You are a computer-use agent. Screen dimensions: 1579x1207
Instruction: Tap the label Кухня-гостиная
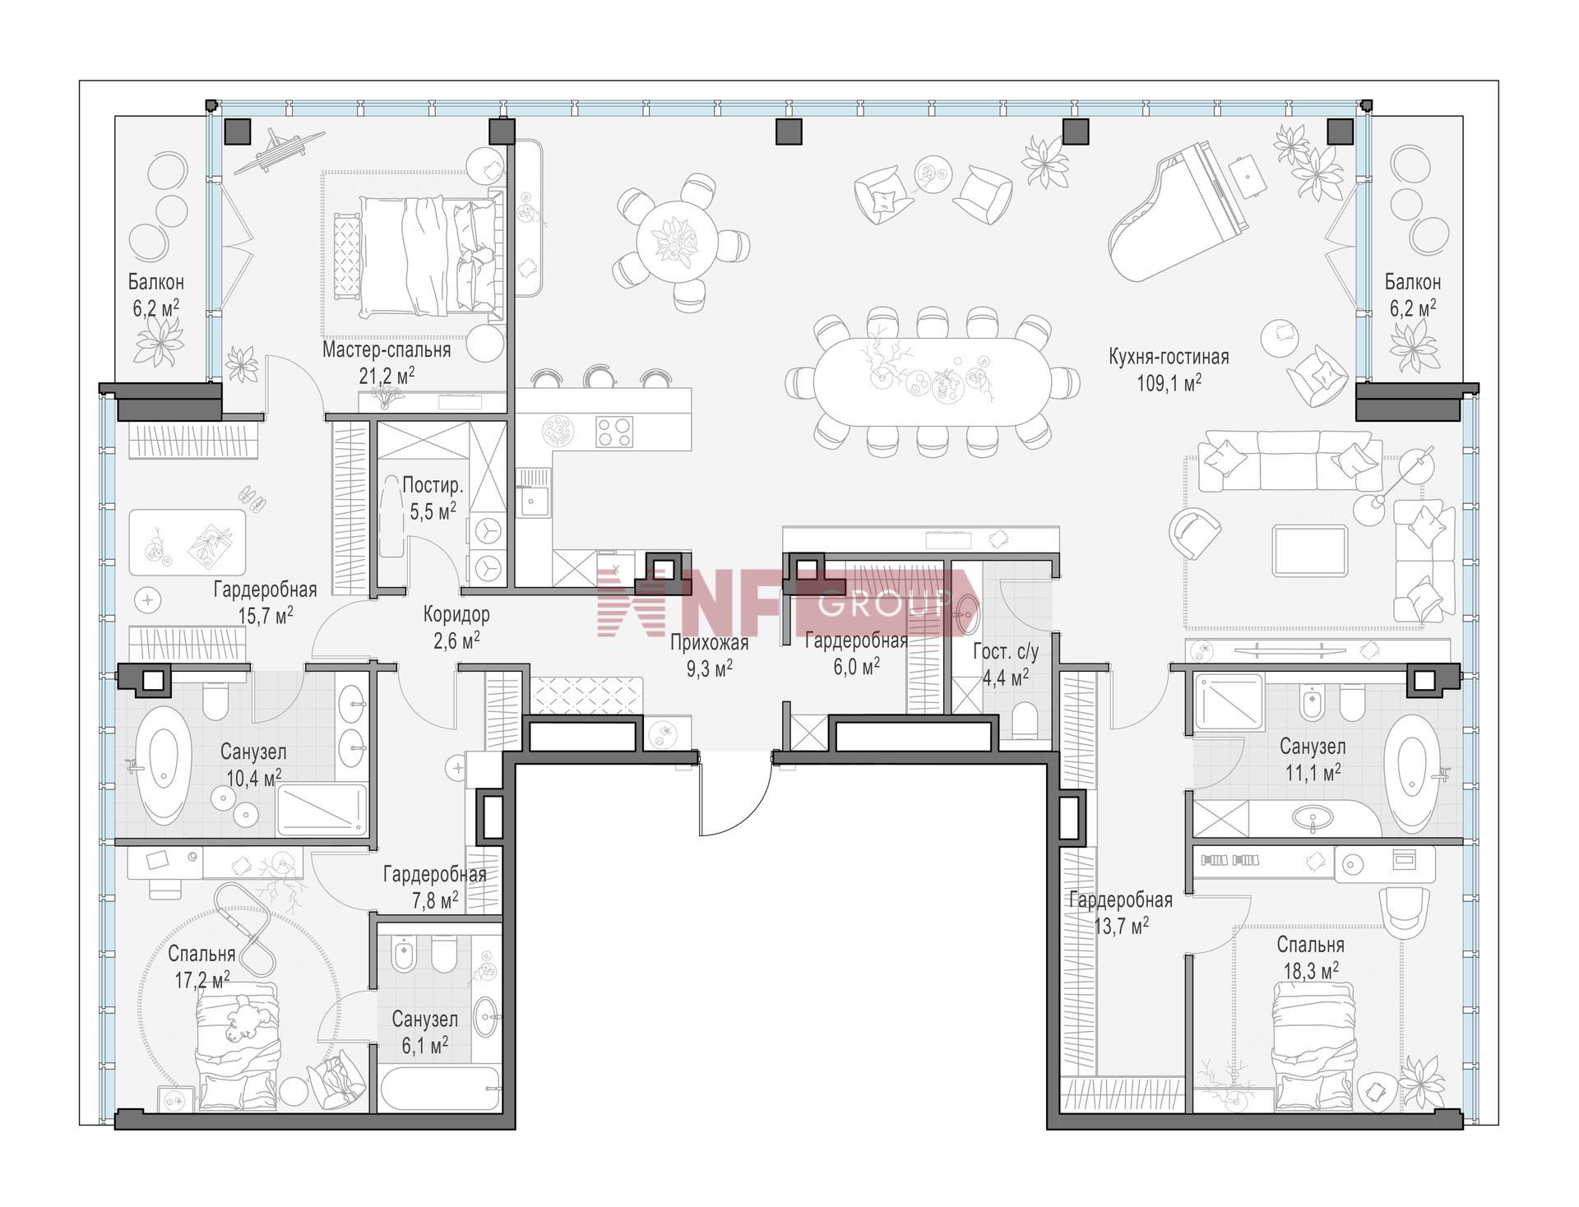tap(1169, 357)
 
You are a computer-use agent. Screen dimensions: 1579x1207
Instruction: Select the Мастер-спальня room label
tap(387, 350)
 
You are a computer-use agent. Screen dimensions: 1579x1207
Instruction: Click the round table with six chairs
tap(678, 244)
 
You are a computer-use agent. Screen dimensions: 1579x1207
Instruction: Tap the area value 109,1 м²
tap(1169, 383)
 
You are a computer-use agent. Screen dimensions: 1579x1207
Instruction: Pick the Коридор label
tap(456, 614)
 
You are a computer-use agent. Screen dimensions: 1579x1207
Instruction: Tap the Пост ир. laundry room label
tap(433, 486)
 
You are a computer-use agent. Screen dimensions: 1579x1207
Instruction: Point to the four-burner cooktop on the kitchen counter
tap(614, 432)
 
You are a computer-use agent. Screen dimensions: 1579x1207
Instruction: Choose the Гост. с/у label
tap(1006, 652)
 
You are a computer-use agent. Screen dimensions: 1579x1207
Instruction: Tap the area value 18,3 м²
tap(1311, 971)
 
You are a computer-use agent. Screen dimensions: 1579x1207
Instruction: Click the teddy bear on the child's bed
tap(246, 1018)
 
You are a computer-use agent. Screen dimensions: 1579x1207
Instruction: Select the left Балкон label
tap(155, 282)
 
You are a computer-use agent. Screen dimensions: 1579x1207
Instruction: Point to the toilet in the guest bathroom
tap(1026, 719)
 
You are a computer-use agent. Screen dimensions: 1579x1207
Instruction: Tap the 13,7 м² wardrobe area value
tap(1121, 926)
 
